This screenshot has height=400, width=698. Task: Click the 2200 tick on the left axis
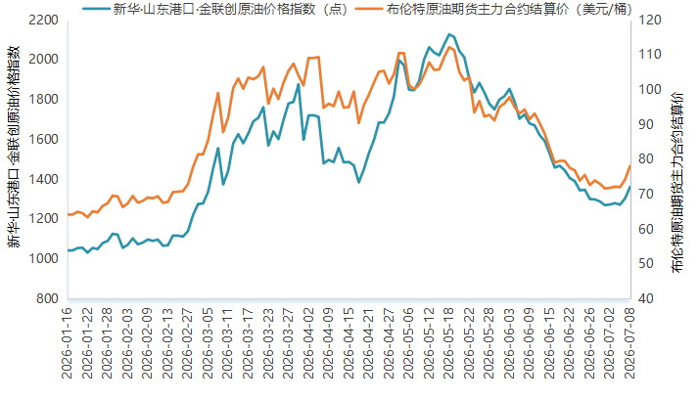(x=43, y=20)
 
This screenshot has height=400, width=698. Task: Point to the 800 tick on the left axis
(x=47, y=298)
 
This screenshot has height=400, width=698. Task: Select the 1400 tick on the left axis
(x=43, y=179)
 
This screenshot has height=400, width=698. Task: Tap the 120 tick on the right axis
(x=649, y=20)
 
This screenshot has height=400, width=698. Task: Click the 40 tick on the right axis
(x=646, y=298)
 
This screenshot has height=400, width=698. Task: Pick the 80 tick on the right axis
(x=646, y=158)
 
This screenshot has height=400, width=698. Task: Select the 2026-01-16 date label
(x=67, y=343)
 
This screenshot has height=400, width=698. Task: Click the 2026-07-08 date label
(x=629, y=343)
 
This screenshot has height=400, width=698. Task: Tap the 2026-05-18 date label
(x=448, y=343)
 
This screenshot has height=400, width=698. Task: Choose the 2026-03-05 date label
(x=208, y=343)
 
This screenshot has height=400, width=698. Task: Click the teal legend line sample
(x=95, y=9)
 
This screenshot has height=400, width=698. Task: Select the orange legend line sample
(x=369, y=9)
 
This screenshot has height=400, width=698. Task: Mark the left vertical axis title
(x=14, y=147)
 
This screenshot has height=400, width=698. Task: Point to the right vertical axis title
(x=677, y=183)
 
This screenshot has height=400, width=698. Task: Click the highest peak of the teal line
(x=449, y=34)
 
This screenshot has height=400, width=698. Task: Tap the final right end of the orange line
(x=629, y=166)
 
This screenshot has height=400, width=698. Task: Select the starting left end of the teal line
(x=69, y=250)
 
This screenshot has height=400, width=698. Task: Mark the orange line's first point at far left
(x=69, y=214)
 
